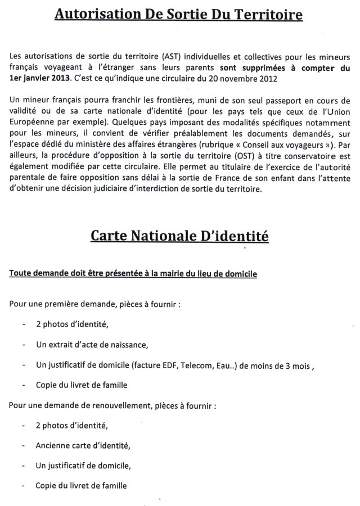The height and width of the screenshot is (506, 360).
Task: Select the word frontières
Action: [x=146, y=100]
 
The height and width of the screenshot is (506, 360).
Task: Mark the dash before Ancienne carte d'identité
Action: [x=25, y=446]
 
